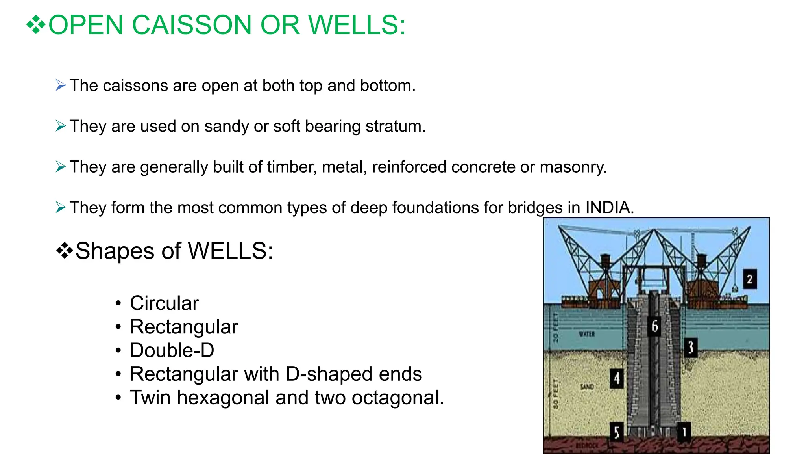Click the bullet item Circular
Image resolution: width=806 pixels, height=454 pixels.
pos(165,303)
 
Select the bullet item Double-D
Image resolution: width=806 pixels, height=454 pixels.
pos(172,350)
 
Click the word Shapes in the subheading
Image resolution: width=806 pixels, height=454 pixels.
pos(115,251)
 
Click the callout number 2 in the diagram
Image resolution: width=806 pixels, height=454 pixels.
pos(750,279)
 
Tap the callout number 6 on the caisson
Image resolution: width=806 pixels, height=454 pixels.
pos(654,326)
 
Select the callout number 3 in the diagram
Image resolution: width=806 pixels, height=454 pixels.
pos(691,348)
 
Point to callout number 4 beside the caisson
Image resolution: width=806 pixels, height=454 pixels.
pos(617,379)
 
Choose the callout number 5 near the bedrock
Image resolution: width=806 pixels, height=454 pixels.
pos(616,432)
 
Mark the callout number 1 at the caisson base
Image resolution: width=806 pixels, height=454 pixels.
pos(684,432)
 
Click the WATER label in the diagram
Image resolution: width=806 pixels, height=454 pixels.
pos(586,334)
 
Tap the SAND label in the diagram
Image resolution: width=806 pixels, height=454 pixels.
pos(587,387)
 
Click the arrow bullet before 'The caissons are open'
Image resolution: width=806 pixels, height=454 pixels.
pos(61,85)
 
